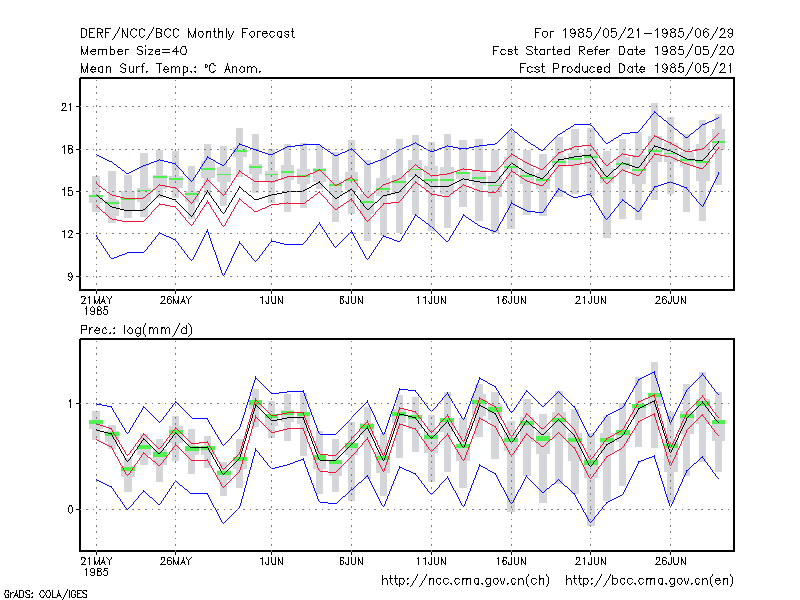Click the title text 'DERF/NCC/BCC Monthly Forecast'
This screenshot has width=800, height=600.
point(187,34)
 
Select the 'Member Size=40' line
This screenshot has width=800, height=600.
point(134,51)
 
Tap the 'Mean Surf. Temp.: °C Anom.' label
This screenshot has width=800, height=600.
point(171,68)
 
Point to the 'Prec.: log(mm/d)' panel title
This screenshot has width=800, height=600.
point(136,330)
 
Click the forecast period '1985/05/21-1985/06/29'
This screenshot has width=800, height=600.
point(647,34)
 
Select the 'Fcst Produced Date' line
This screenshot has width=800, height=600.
point(627,68)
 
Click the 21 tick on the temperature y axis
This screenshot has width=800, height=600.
point(67,107)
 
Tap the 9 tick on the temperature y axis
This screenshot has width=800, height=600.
point(70,277)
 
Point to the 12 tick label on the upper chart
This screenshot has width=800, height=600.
point(67,234)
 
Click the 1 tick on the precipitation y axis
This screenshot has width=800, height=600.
point(70,404)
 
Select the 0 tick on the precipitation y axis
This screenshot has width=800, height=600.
point(70,510)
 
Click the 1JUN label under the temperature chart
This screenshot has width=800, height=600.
point(271,300)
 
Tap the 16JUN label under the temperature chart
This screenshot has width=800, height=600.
point(511,300)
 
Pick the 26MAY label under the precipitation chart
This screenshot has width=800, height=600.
point(176,561)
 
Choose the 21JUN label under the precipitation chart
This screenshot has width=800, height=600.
point(591,561)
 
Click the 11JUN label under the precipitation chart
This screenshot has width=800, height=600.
point(431,561)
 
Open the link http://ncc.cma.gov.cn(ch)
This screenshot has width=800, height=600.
point(465,581)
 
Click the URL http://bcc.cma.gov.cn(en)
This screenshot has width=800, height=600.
point(649,581)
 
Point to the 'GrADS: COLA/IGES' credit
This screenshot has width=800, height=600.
point(45,594)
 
